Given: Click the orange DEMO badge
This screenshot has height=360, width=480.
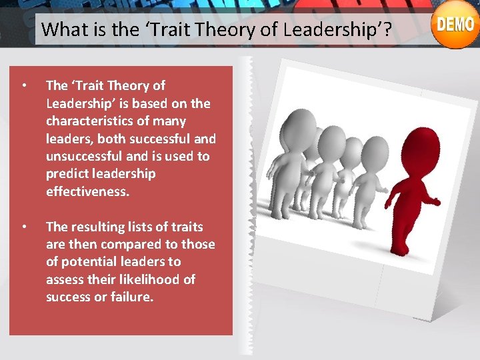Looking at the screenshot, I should point(455,26).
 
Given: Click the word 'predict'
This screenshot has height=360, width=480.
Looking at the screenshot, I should point(66,174).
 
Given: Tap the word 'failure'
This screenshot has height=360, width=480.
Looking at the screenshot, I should point(131,297).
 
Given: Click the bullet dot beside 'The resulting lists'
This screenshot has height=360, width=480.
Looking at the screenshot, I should point(24,227).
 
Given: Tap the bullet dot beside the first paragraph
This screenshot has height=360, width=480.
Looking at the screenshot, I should point(24,86).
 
